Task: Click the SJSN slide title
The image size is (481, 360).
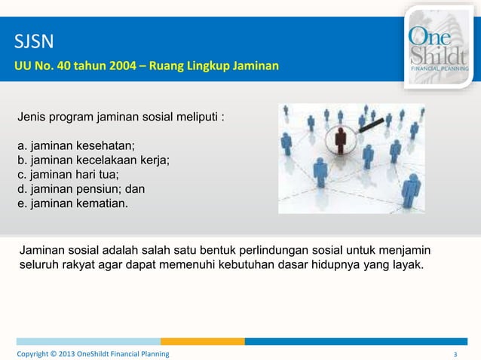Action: pyautogui.click(x=32, y=40)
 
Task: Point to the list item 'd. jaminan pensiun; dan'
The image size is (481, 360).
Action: pyautogui.click(x=81, y=188)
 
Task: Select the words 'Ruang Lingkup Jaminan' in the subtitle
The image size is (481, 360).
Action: pyautogui.click(x=218, y=67)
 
